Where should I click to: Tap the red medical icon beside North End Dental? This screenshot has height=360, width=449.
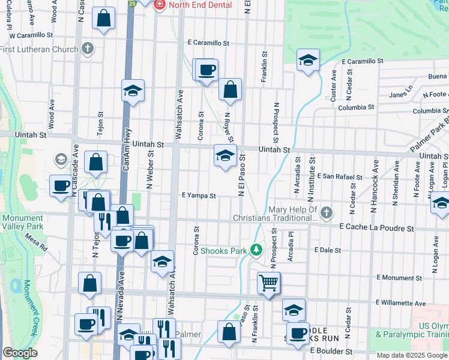coord(160,5)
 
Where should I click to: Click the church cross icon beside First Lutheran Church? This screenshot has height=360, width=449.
coord(88,49)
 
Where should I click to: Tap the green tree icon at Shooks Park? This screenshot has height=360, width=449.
coord(256,249)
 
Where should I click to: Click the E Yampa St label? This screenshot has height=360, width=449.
coord(198,195)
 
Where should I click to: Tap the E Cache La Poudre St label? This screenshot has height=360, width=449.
coord(376,228)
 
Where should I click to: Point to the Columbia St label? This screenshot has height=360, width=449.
coord(355,107)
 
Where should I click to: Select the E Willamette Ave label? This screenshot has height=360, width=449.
coord(400,303)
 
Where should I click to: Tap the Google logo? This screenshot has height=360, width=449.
coord(20,352)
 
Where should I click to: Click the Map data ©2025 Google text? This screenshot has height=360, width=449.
coord(412,355)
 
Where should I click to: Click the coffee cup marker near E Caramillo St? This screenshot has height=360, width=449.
coord(206,70)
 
